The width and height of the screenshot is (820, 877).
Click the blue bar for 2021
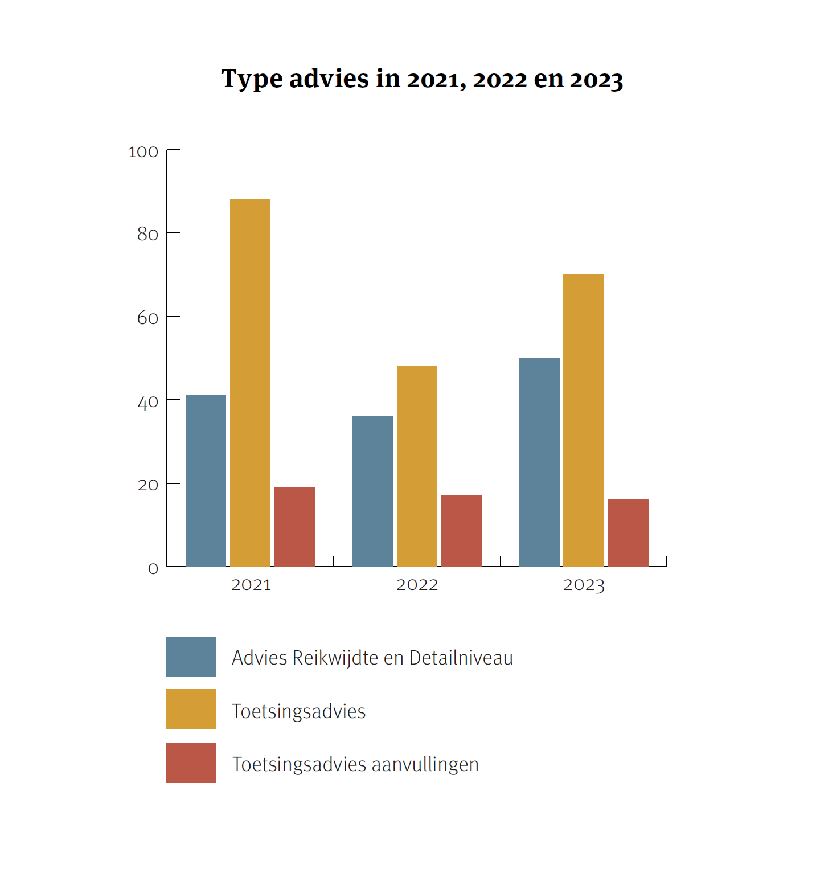point(206,481)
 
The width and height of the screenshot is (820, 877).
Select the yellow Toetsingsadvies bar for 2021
point(250,383)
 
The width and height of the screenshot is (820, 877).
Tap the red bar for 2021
point(294,527)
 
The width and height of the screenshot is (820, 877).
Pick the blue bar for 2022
point(372,491)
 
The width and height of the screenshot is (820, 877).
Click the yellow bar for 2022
point(417,466)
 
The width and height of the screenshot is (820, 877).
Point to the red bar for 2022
point(461,531)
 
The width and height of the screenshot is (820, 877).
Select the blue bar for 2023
point(539,462)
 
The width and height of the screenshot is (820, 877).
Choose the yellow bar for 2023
point(583,420)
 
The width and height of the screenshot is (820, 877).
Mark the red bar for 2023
point(628,533)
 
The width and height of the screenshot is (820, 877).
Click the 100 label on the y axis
point(143,152)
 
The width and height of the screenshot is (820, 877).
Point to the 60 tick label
point(147,318)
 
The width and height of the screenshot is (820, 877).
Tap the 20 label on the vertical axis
point(147,485)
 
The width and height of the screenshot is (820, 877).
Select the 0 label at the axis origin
point(153,568)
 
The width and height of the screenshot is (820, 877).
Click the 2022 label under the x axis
point(417,585)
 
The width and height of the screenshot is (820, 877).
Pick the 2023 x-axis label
point(584,585)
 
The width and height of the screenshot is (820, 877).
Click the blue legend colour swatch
point(191,657)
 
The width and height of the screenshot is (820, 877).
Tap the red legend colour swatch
point(191,763)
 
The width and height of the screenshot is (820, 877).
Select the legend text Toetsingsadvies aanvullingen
point(355,764)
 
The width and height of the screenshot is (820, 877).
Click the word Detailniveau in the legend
point(461,658)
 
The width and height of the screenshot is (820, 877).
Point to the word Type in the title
point(252,79)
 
